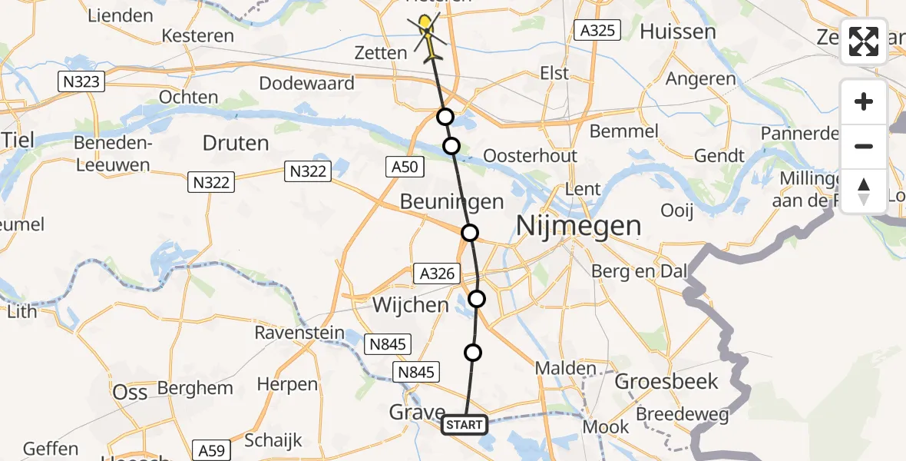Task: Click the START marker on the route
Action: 465,425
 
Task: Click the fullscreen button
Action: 864,41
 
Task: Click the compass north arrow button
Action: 864,191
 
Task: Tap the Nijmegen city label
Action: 579,226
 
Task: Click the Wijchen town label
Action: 410,305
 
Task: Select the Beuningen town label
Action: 452,202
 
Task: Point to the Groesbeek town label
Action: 666,381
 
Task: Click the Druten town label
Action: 236,143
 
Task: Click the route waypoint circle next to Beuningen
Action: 470,232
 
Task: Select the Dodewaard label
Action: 307,83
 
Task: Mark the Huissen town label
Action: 678,32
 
